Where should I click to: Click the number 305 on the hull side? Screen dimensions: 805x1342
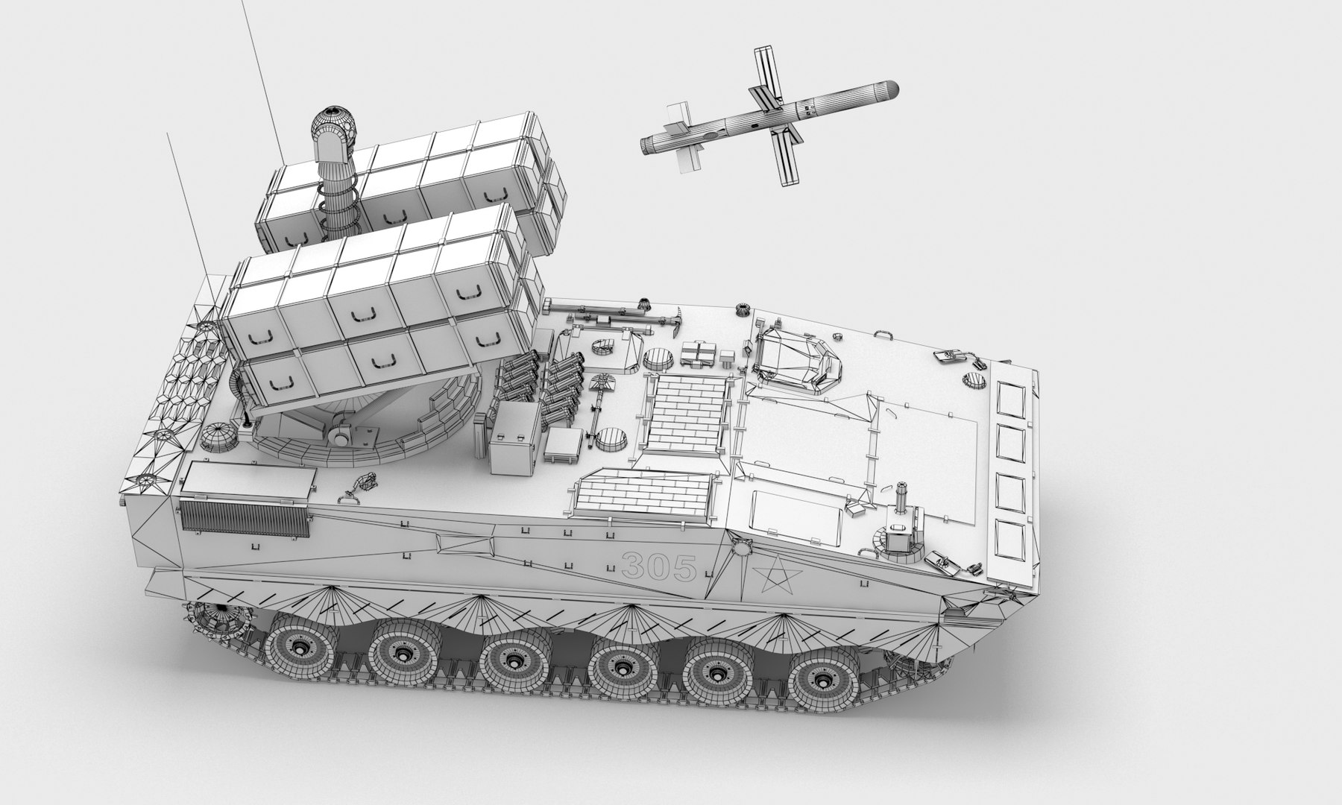(658, 567)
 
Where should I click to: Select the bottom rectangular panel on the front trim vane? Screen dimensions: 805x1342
(1012, 543)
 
